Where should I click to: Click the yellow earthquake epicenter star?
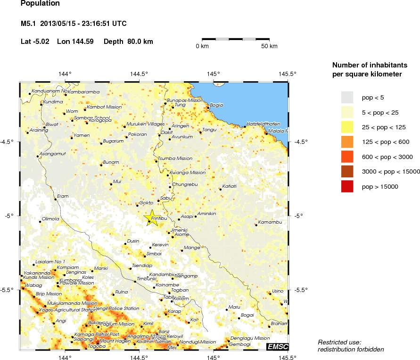(x=151, y=218)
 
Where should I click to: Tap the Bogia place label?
(x=216, y=105)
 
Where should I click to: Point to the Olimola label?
(x=50, y=219)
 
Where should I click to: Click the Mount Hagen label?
(x=111, y=341)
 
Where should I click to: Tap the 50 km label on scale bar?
(x=269, y=46)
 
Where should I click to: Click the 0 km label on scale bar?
(x=202, y=46)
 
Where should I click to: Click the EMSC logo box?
(x=277, y=347)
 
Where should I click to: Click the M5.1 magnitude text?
(x=29, y=23)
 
